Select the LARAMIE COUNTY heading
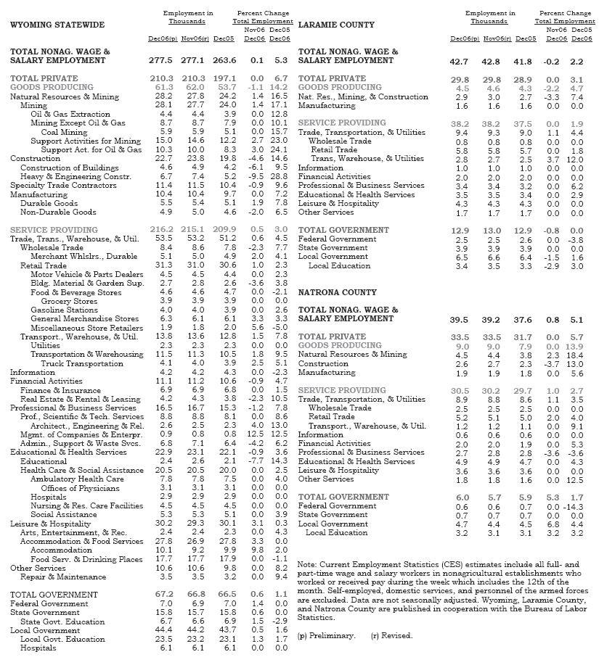(x=336, y=25)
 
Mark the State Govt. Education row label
(x=62, y=621)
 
